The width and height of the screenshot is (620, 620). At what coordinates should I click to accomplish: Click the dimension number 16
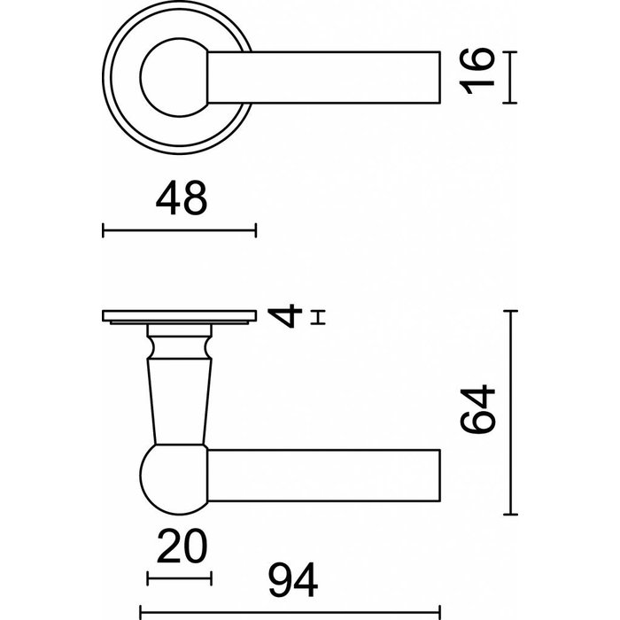click(476, 76)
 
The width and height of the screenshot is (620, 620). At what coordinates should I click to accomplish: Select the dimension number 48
click(182, 198)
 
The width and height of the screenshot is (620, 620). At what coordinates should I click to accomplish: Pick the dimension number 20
click(181, 547)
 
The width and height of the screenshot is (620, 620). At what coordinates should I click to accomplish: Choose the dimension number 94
click(292, 582)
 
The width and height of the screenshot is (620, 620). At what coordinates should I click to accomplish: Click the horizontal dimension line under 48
click(180, 231)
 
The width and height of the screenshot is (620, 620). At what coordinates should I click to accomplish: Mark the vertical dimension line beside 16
click(508, 77)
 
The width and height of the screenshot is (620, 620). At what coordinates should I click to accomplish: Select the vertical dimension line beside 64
click(508, 413)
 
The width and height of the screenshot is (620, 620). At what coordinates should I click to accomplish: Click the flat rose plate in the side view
click(180, 315)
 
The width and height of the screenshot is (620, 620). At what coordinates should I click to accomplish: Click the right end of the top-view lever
click(438, 77)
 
